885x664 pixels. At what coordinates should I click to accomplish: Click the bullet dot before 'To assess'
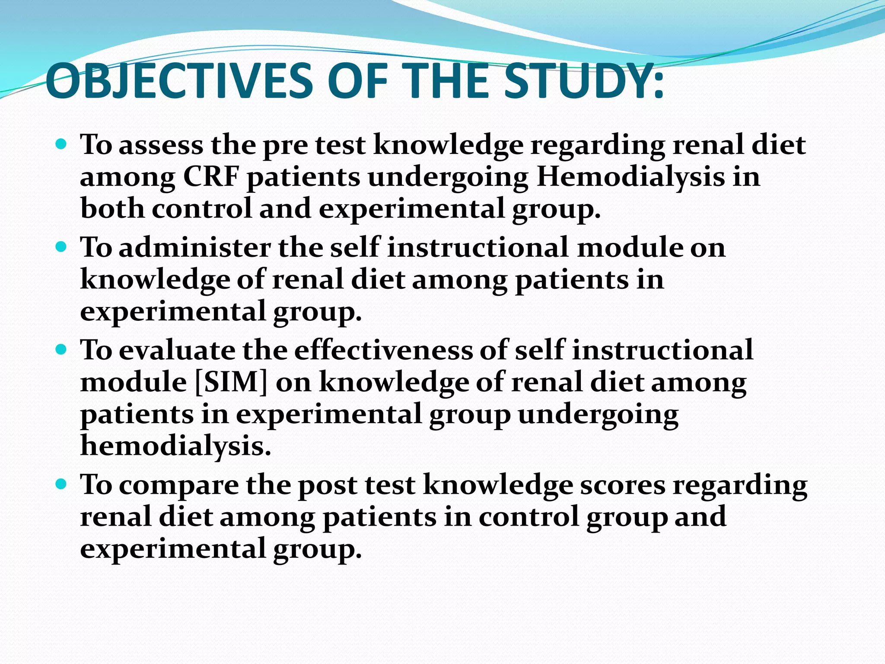click(61, 144)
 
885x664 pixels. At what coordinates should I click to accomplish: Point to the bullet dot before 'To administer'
click(61, 247)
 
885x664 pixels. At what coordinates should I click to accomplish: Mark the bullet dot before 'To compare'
click(61, 484)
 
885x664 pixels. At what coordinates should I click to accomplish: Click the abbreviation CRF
click(211, 177)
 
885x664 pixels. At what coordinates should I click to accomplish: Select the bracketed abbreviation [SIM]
click(231, 382)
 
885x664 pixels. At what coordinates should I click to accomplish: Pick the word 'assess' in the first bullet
click(161, 145)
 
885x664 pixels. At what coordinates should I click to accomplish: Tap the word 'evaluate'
click(177, 350)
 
